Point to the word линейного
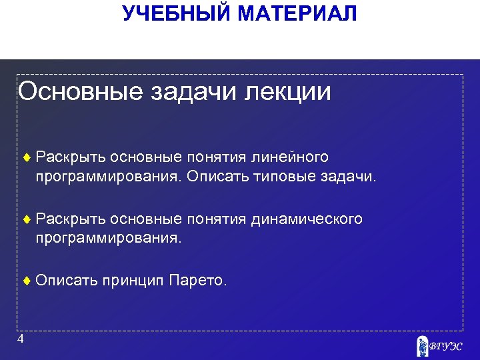tap(290, 157)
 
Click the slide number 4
tap(21, 339)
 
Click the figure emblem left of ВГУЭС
tap(421, 346)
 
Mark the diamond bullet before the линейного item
tap(27, 157)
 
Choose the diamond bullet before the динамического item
tap(27, 219)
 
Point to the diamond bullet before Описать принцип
tap(27, 281)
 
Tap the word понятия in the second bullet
tap(216, 219)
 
